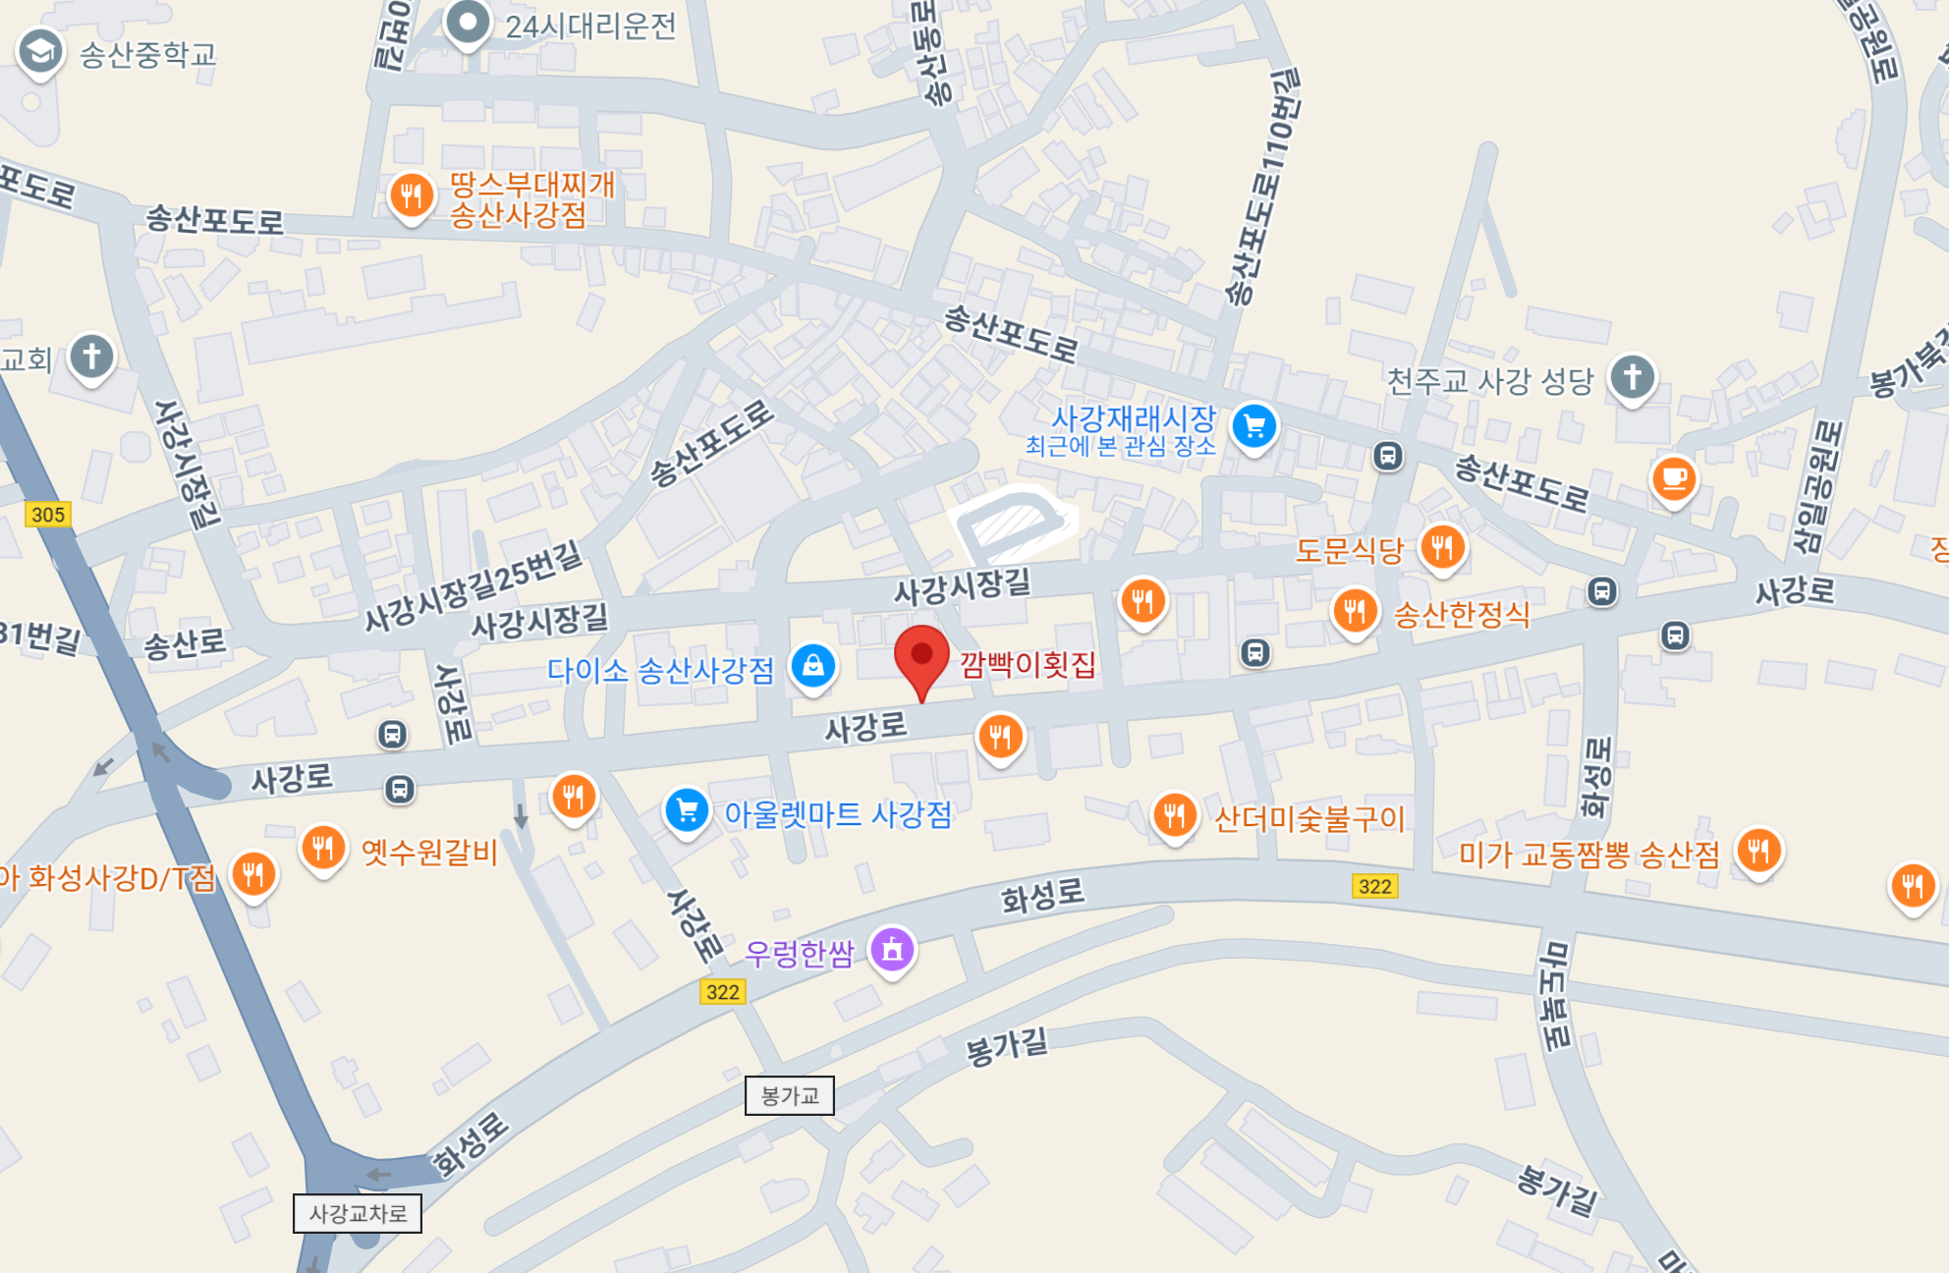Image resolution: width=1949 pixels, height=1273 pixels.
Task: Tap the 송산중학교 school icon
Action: point(40,52)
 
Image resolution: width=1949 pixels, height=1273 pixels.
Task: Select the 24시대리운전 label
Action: point(590,27)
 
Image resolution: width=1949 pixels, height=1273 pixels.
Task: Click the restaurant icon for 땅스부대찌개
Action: point(412,195)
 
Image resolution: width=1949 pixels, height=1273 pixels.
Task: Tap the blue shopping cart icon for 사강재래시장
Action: point(1254,426)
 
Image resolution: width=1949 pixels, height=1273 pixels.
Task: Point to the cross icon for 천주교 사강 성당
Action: point(1632,377)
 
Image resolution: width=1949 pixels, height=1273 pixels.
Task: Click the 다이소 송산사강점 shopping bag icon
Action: point(813,666)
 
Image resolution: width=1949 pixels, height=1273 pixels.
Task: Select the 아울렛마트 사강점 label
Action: point(838,814)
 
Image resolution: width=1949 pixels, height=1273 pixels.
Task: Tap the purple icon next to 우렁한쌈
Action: point(892,949)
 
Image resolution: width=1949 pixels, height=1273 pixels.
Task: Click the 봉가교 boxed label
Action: point(790,1095)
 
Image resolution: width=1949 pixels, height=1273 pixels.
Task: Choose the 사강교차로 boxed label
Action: point(358,1213)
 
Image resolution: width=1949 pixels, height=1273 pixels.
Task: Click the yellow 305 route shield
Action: point(48,515)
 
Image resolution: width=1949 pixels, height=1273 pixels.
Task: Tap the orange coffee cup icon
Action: point(1674,479)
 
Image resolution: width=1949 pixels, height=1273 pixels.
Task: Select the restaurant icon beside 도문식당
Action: point(1442,547)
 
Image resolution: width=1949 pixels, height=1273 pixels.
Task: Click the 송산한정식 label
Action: point(1462,615)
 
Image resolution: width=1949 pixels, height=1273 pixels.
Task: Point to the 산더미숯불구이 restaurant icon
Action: point(1174,814)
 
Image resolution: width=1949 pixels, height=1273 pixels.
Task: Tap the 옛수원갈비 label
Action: point(429,851)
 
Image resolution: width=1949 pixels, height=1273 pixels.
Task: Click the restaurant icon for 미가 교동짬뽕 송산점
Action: point(1758,851)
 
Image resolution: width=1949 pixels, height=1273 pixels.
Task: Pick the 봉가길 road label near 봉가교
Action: point(1006,1047)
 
